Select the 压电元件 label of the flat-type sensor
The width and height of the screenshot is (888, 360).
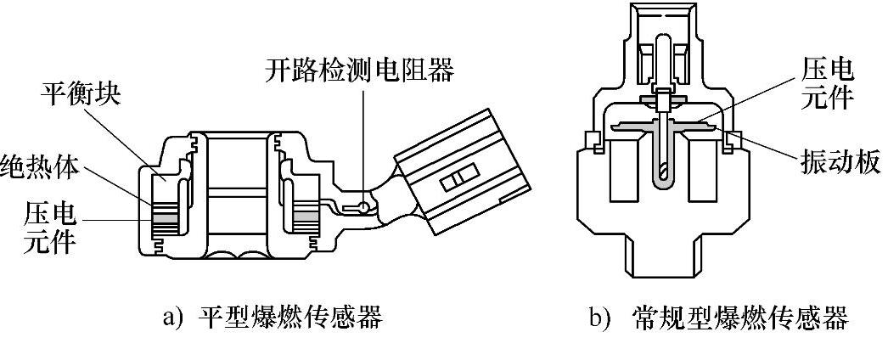(41, 227)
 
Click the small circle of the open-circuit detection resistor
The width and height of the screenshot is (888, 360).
(365, 206)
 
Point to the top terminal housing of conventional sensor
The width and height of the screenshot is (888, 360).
(667, 42)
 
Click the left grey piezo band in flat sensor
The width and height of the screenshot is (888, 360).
(167, 220)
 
